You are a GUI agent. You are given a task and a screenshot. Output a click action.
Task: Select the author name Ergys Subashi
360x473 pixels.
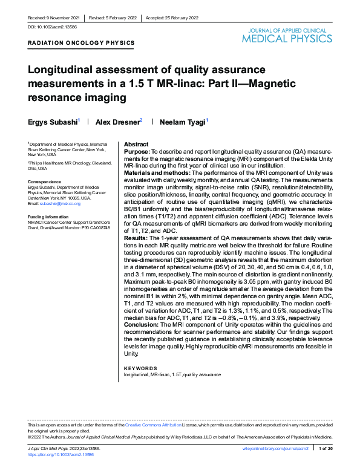53,122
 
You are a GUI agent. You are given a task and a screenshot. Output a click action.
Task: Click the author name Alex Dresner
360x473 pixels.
119,122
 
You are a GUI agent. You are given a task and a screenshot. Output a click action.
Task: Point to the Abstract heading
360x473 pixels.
136,145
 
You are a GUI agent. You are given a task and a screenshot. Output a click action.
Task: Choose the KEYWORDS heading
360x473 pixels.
140,368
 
